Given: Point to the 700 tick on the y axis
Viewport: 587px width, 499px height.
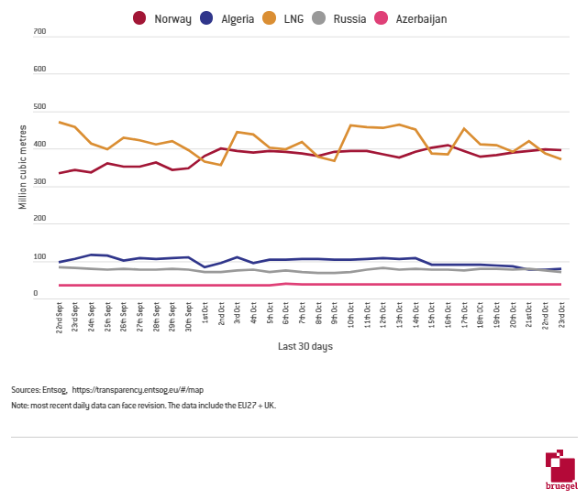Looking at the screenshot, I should click(x=39, y=32).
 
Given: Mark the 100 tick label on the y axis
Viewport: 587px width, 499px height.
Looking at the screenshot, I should click(x=39, y=258).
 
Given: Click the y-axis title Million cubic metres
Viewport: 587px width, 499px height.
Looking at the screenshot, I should click(x=23, y=164).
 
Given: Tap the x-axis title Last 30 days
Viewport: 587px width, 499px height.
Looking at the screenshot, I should click(x=305, y=347).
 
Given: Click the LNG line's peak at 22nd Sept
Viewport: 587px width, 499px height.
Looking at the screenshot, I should click(x=60, y=122).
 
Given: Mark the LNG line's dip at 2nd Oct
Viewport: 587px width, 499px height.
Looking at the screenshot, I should click(x=221, y=165).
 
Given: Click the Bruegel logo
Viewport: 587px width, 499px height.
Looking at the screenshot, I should click(x=560, y=469).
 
